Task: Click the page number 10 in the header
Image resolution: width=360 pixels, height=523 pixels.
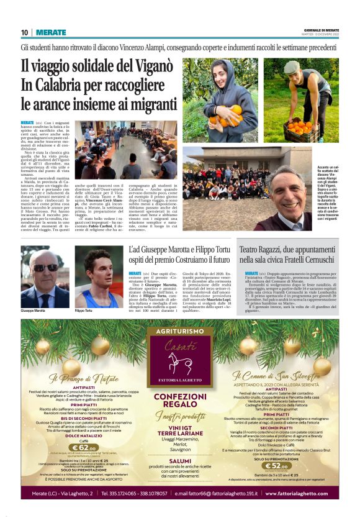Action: click(x=25, y=32)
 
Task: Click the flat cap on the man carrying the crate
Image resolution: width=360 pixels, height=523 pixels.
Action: click(x=292, y=67)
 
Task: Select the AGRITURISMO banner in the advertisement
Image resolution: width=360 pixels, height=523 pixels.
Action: click(x=180, y=332)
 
